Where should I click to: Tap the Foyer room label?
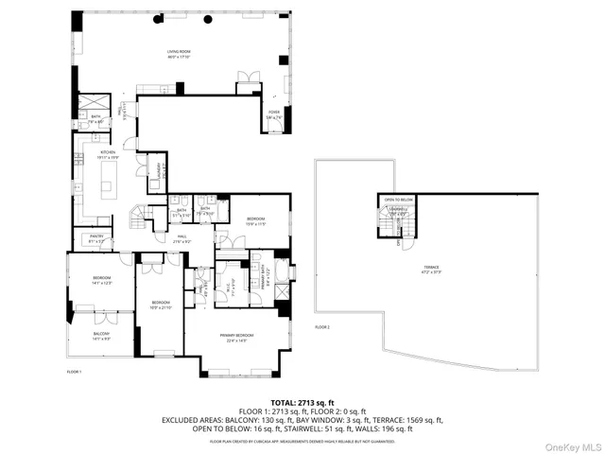(274, 113)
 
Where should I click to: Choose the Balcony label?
(100, 335)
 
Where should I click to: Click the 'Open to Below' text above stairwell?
(398, 200)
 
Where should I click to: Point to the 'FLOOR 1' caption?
(75, 372)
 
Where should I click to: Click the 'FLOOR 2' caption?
(322, 326)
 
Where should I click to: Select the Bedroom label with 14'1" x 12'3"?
(101, 281)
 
